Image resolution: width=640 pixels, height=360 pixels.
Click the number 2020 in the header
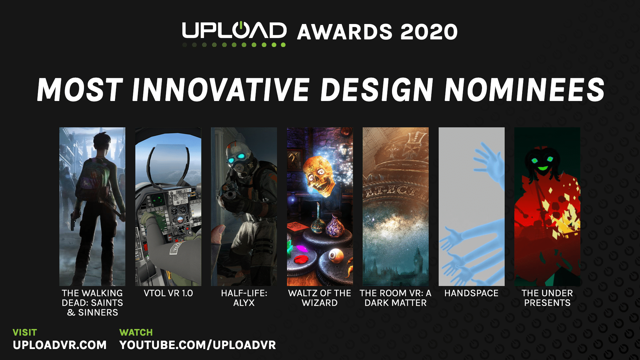tap(429, 32)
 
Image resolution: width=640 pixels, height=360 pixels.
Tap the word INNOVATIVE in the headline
tap(221, 90)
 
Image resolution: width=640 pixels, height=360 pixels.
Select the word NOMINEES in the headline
tap(524, 90)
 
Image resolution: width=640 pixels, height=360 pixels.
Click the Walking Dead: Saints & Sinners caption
tap(92, 303)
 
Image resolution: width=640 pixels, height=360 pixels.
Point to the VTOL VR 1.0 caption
tap(168, 293)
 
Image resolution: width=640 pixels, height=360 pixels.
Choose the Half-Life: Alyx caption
tap(244, 298)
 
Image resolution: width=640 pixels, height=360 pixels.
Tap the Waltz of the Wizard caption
tap(320, 298)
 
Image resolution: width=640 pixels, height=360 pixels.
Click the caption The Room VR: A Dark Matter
tap(396, 298)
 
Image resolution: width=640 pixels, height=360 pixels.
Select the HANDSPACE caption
tap(471, 293)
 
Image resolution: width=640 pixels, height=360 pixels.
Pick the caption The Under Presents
tap(547, 298)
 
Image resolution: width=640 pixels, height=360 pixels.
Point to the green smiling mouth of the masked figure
tap(543, 168)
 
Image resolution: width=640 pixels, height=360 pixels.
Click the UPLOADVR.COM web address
tap(60, 345)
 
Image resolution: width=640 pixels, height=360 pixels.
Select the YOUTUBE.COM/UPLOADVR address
tap(198, 345)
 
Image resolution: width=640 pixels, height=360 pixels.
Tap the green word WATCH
tap(136, 332)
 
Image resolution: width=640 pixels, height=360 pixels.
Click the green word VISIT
tap(25, 332)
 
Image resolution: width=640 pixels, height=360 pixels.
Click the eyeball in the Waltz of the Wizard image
tap(334, 255)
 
